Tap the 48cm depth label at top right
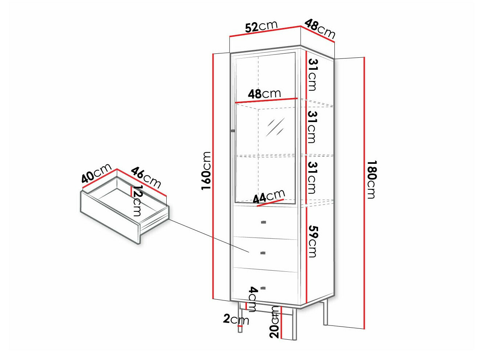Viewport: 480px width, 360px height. (320, 29)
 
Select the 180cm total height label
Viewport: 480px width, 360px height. (372, 179)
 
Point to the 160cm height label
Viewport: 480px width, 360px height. (206, 170)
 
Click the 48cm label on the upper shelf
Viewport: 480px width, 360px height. (264, 94)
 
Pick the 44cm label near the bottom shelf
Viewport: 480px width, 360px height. (269, 197)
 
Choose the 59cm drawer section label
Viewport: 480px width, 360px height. (313, 241)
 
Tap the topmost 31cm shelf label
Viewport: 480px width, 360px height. (313, 74)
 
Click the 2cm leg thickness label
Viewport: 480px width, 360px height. (236, 319)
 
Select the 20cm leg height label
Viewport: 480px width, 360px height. (275, 322)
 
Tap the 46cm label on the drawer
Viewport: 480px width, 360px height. (146, 177)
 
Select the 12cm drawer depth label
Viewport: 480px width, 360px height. (137, 201)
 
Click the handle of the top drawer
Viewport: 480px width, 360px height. (264, 222)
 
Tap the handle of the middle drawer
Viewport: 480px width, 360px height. (263, 253)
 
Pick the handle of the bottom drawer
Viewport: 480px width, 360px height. (263, 288)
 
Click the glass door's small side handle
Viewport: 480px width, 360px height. (233, 130)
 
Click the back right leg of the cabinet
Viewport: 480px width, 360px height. (326, 312)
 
